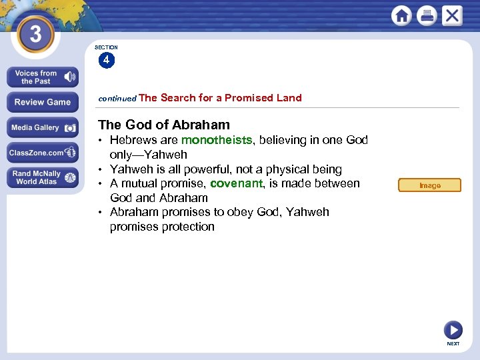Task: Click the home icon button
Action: pos(401,15)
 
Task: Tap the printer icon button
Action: pos(427,15)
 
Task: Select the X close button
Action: pos(452,15)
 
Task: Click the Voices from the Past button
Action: pos(43,77)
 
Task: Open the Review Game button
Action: pos(43,102)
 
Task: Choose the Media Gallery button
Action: pos(43,127)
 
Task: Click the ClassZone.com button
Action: pos(43,153)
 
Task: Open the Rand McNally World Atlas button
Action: pos(43,177)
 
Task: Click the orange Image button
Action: pos(429,185)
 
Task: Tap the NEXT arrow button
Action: pos(453,330)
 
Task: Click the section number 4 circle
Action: pos(106,61)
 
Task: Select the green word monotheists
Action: pos(217,140)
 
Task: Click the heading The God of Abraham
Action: pos(164,125)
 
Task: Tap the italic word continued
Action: pos(117,98)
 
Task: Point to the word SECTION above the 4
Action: pos(106,47)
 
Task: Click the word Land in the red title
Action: pos(289,97)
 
